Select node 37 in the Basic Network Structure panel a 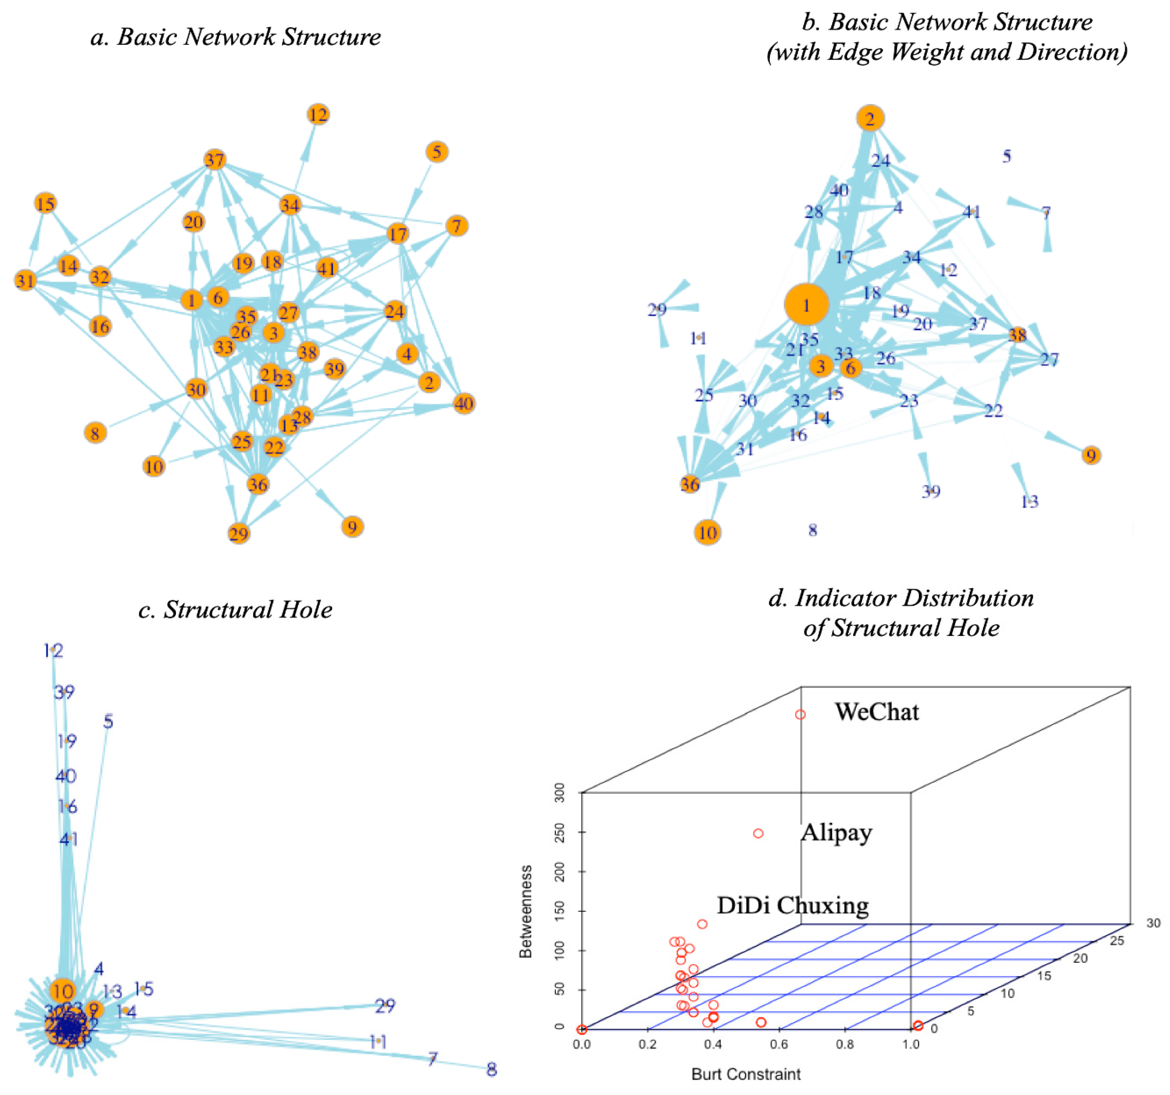[215, 160]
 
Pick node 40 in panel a [464, 404]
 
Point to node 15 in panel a [45, 204]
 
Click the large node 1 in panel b [806, 305]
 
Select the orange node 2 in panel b [870, 118]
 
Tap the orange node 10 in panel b [707, 532]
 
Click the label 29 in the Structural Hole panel [385, 1005]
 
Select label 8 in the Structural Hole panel [491, 1069]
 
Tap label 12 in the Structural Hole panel [54, 650]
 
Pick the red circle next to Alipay [758, 833]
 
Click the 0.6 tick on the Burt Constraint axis [779, 1044]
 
